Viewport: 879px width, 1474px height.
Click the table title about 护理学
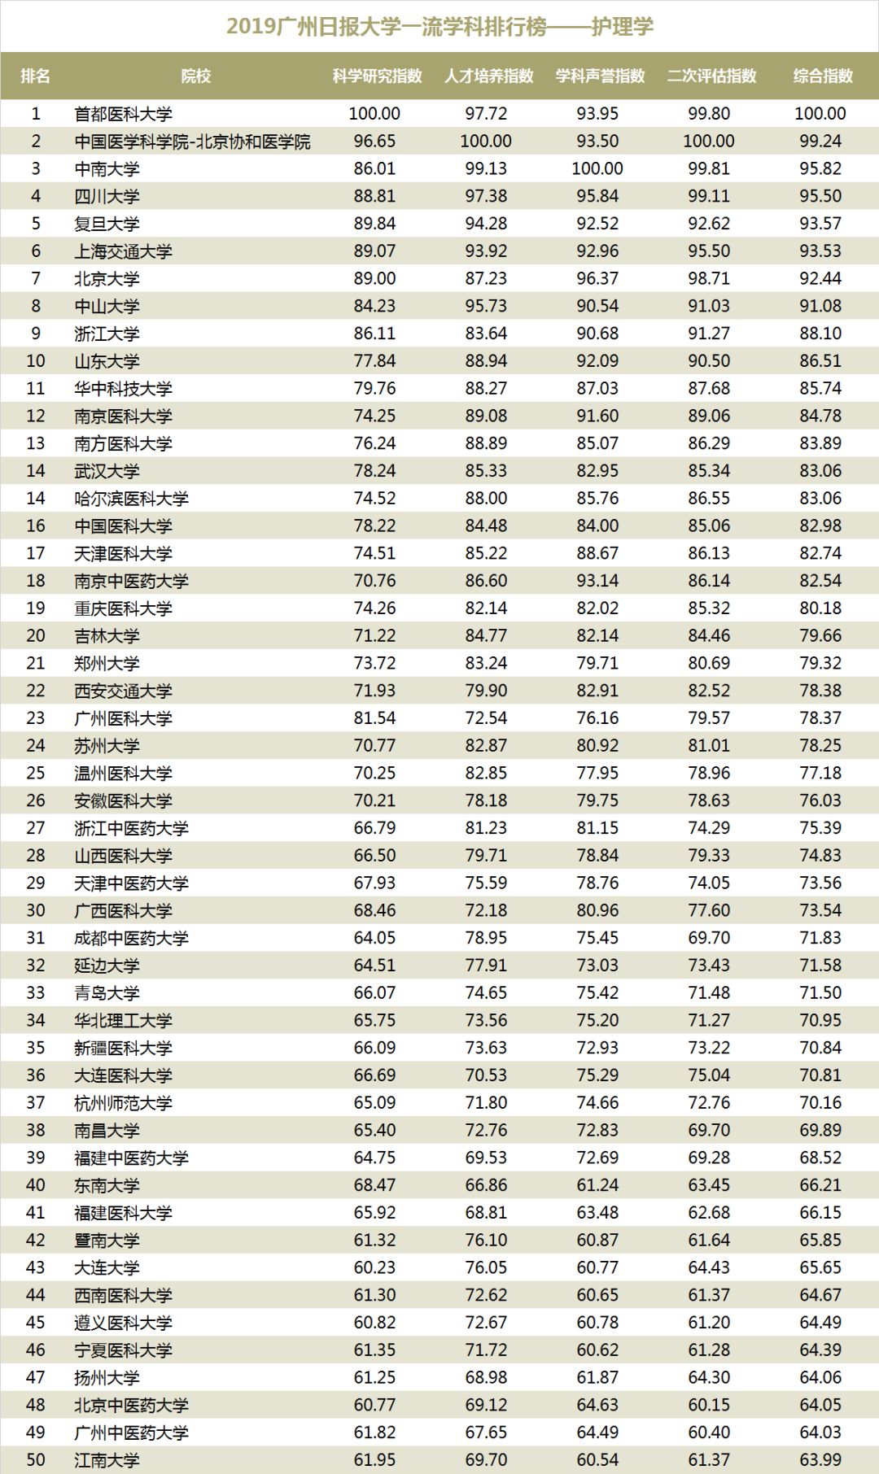tap(439, 27)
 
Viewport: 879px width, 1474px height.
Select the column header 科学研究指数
tap(377, 76)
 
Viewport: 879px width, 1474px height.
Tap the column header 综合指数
tap(822, 76)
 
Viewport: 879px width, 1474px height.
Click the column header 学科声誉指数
tap(600, 76)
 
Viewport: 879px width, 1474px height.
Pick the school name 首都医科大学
tap(123, 114)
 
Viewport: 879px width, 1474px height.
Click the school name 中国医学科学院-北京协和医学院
tap(192, 142)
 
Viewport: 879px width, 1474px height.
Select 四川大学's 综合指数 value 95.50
tap(820, 196)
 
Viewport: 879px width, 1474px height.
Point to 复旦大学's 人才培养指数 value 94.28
tap(486, 224)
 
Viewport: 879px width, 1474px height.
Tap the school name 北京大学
tap(107, 279)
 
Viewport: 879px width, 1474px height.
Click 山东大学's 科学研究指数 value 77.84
tap(374, 361)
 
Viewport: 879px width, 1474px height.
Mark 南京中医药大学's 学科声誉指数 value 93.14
tap(597, 581)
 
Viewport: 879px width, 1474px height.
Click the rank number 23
tap(36, 718)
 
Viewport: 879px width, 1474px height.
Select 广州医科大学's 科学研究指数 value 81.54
tap(374, 718)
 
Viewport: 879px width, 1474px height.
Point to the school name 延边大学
tap(107, 966)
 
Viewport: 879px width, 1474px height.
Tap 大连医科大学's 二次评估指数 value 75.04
tap(709, 1075)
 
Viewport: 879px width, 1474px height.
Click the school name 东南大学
tap(107, 1185)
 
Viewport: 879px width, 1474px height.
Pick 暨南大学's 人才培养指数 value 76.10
tap(486, 1240)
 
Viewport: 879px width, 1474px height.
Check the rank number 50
tap(36, 1459)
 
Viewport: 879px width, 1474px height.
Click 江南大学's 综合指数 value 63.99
tap(820, 1459)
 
